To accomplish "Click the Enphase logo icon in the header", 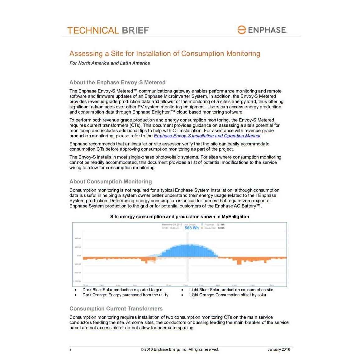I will [241, 30].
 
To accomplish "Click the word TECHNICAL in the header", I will [93, 31].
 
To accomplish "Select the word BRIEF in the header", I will [135, 31].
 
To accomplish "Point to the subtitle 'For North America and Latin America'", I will [109, 63].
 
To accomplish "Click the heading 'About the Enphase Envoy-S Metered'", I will [117, 83].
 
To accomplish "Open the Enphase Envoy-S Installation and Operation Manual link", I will [207, 136].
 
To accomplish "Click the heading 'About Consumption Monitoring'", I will [111, 182].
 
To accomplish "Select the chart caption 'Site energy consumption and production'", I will [179, 217].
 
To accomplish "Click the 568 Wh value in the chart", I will [191, 228].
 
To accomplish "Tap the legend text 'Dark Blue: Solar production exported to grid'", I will [122, 290].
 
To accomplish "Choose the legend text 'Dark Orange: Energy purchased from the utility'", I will [125, 295].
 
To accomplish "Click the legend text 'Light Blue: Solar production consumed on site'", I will [231, 290].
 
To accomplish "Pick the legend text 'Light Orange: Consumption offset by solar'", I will [227, 295].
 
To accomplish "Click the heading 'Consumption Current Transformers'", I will [116, 309].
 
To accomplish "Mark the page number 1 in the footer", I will [70, 350].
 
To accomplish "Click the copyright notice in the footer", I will [180, 349].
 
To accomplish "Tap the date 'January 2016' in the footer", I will [279, 349].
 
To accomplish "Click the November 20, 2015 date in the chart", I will [172, 225].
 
